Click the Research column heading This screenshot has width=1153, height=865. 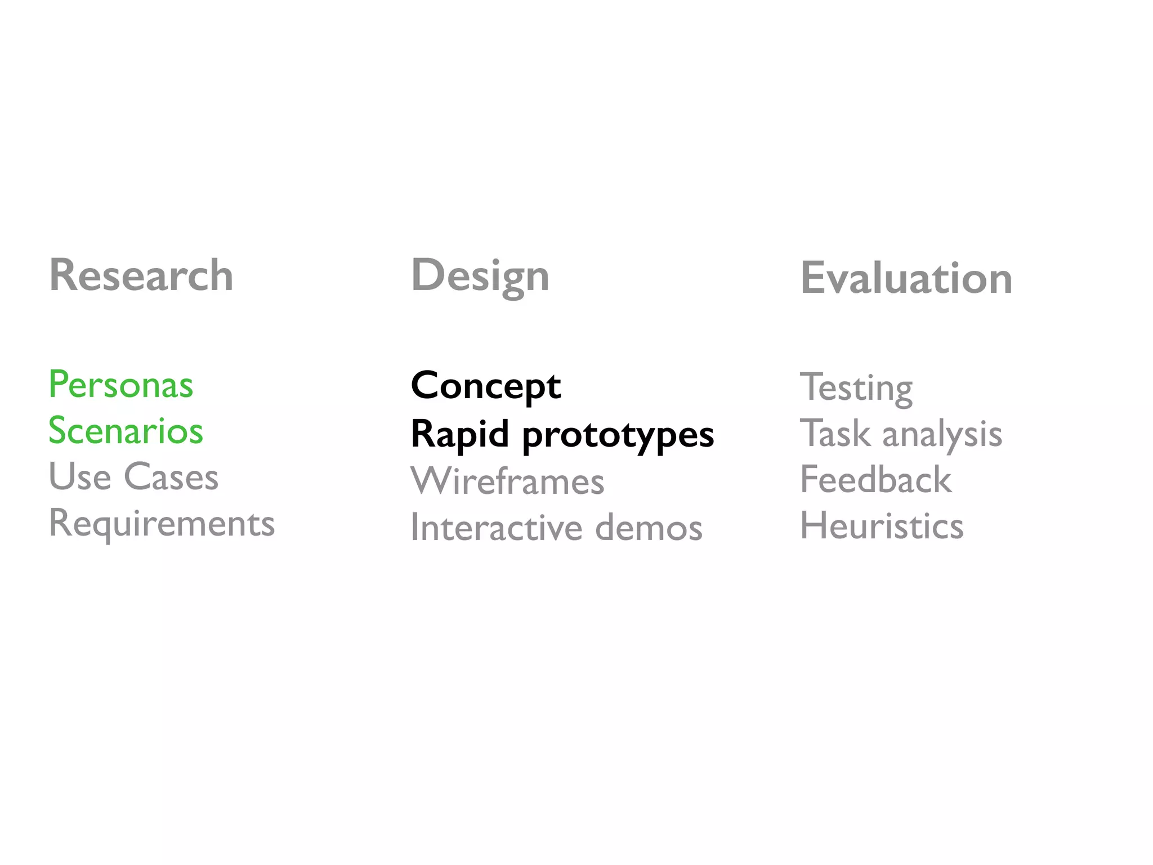coord(141,275)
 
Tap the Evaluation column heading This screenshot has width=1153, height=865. coord(906,278)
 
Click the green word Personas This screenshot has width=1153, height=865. coord(121,385)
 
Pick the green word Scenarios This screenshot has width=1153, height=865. coord(126,431)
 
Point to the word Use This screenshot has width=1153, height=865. coord(80,477)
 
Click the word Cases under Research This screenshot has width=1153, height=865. coord(171,477)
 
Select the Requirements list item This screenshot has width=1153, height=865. coord(162,524)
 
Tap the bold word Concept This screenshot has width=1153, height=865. coord(486,386)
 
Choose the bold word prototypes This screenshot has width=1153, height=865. coord(618,436)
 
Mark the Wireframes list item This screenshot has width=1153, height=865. coord(507,481)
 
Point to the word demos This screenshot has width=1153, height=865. coord(649,528)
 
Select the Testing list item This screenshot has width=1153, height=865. coord(856,388)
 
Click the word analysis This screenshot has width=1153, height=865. coord(942,435)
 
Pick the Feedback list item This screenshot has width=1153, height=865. coord(876,480)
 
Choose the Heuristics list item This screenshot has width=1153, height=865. coord(882,526)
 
